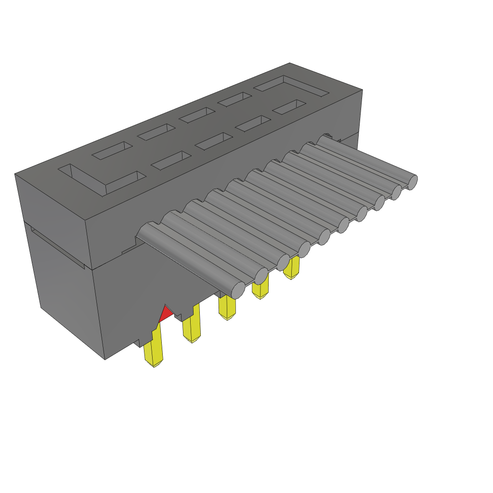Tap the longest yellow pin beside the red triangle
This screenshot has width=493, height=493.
tap(154, 349)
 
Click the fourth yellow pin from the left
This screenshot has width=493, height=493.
tap(260, 289)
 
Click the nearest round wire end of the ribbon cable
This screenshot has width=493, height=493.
tap(238, 290)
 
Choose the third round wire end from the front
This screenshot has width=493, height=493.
tap(283, 262)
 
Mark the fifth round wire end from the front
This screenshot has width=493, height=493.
tap(324, 237)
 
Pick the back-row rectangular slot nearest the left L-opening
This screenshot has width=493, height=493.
tap(112, 151)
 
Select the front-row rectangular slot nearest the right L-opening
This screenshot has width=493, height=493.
tap(289, 107)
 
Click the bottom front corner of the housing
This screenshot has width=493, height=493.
tap(105, 359)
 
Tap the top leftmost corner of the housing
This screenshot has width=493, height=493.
tap(15, 174)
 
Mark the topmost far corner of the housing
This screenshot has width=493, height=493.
tap(289, 63)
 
